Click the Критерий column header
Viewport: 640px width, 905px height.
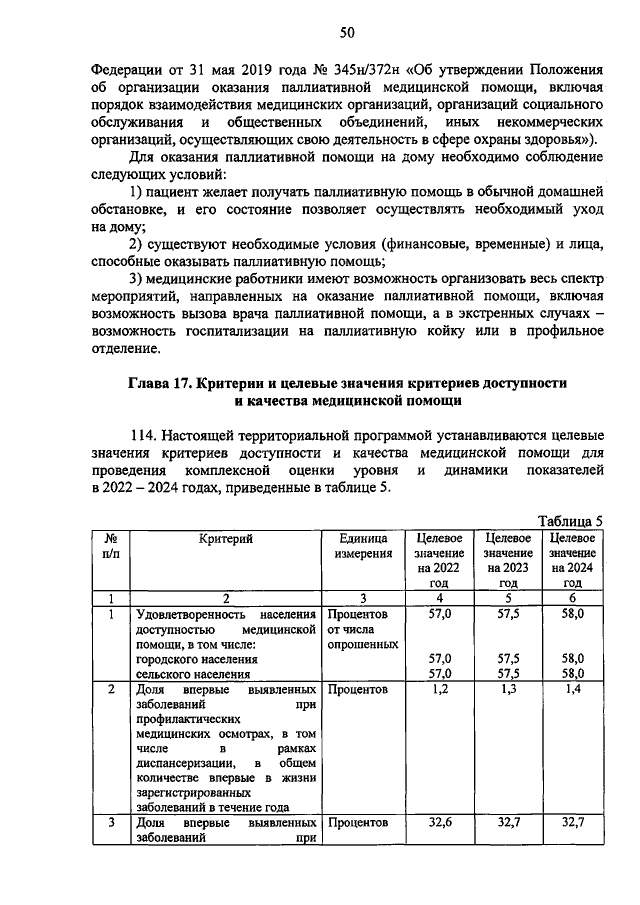pyautogui.click(x=225, y=539)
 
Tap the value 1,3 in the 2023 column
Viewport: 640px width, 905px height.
pyautogui.click(x=508, y=690)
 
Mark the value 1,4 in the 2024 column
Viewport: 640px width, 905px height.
pyautogui.click(x=572, y=690)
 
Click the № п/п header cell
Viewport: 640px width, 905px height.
pyautogui.click(x=111, y=546)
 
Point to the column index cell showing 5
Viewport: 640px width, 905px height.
pyautogui.click(x=508, y=597)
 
